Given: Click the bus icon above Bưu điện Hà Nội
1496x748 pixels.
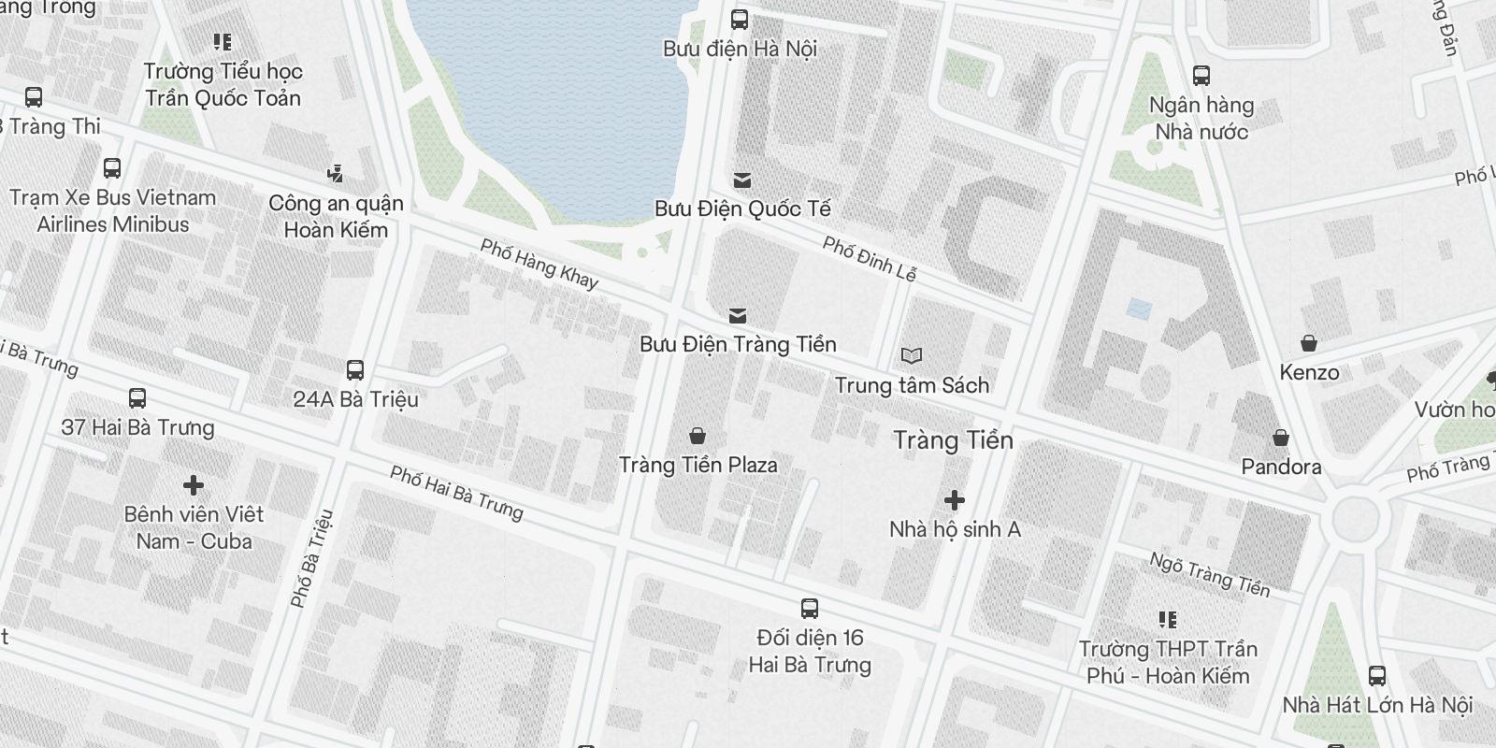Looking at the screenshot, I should pyautogui.click(x=740, y=19).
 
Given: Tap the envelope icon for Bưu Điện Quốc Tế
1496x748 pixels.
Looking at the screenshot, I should pyautogui.click(x=742, y=180).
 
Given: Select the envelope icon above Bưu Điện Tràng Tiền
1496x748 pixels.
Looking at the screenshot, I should pyautogui.click(x=738, y=315).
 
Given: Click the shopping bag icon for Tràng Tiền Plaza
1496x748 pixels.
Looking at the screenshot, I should pyautogui.click(x=697, y=436).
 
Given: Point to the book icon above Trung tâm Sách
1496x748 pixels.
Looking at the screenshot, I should pyautogui.click(x=912, y=356).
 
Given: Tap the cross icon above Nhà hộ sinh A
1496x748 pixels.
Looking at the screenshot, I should pyautogui.click(x=954, y=500).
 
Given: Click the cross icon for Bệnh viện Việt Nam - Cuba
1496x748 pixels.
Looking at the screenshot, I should pyautogui.click(x=194, y=485).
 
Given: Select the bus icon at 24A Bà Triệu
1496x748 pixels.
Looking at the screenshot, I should pyautogui.click(x=355, y=370).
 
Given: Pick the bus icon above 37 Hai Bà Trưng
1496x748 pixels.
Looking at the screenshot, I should pyautogui.click(x=137, y=398).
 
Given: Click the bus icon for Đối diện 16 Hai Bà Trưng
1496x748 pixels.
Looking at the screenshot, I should pyautogui.click(x=810, y=609).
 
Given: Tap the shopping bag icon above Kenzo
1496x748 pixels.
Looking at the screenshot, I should pyautogui.click(x=1309, y=343).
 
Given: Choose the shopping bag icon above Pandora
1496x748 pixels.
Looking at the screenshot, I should pyautogui.click(x=1281, y=438).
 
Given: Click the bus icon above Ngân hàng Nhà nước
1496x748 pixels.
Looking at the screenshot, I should pyautogui.click(x=1201, y=76).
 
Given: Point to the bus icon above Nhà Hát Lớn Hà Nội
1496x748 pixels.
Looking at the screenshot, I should pyautogui.click(x=1377, y=675).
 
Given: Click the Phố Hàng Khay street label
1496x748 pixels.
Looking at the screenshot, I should pyautogui.click(x=539, y=263).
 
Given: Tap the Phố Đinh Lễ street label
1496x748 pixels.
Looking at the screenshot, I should pyautogui.click(x=870, y=258).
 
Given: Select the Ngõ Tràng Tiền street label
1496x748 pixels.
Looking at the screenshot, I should pyautogui.click(x=1210, y=573).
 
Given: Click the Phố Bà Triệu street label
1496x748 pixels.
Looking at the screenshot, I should pyautogui.click(x=312, y=558).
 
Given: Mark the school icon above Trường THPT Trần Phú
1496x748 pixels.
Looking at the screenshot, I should pyautogui.click(x=1167, y=619).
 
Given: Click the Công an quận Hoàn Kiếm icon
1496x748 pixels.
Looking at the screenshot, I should pyautogui.click(x=335, y=174).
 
